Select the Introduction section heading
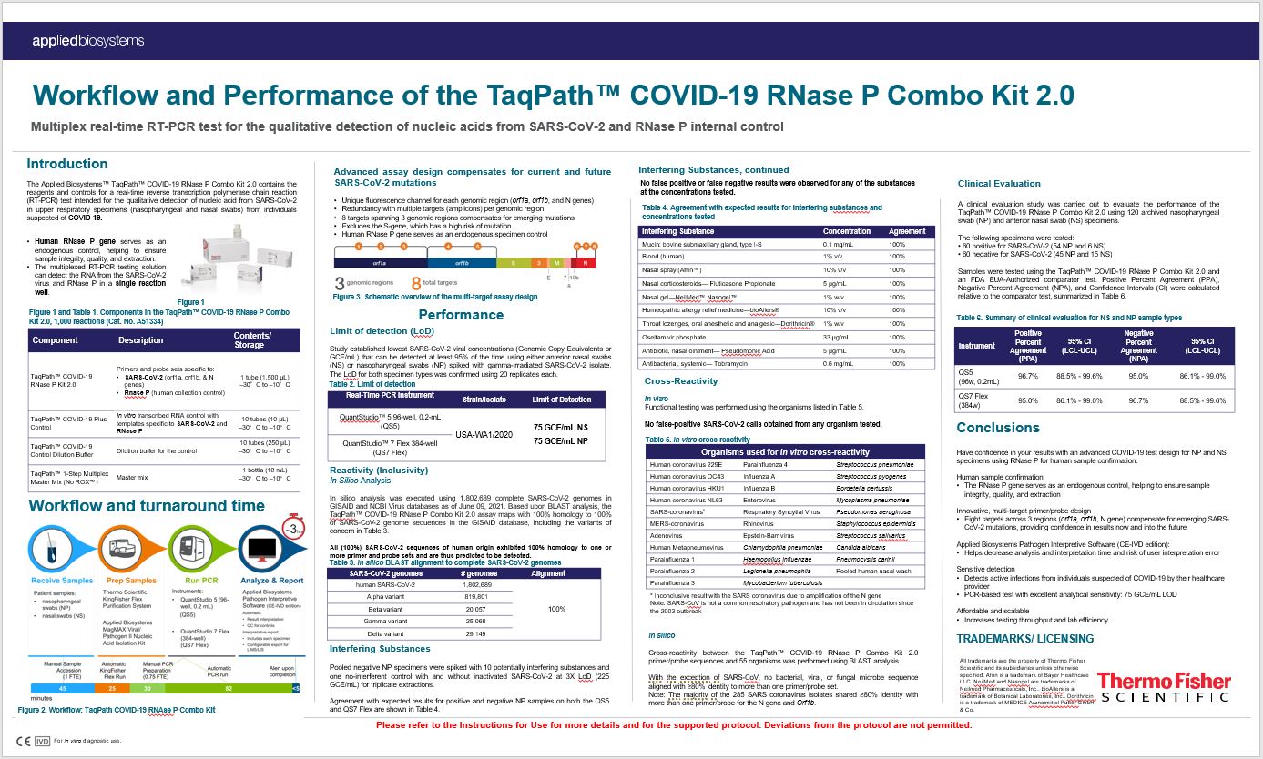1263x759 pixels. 67,165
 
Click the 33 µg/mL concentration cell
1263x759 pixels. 837,337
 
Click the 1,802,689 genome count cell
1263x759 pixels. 479,585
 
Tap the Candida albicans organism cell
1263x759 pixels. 861,523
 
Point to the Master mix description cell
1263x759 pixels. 138,477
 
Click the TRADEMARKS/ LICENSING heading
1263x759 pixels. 1025,638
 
